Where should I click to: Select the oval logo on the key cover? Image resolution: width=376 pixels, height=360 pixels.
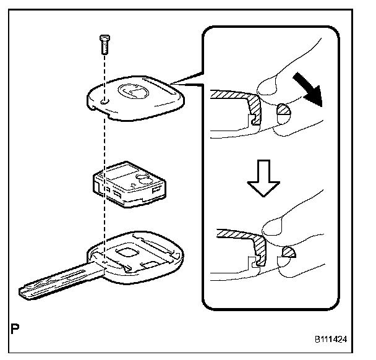tap(132, 91)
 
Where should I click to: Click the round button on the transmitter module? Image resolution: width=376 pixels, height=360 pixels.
tap(142, 180)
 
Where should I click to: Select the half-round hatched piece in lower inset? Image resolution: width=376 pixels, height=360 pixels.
tap(288, 252)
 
